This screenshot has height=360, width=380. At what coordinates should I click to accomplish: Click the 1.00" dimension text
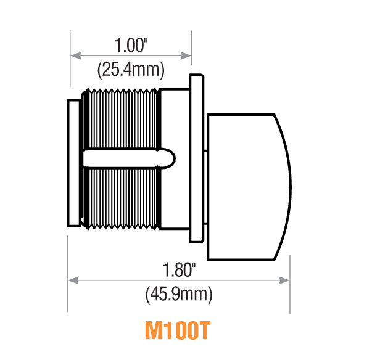point(131,46)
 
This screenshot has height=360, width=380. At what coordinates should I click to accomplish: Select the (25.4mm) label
point(131,70)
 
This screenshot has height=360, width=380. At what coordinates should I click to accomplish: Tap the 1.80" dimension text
point(179,269)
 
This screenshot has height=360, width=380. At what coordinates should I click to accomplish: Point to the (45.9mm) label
point(179,294)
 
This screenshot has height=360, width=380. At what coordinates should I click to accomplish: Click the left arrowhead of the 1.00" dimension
point(75,55)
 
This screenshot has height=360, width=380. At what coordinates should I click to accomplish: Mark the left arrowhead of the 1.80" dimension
point(71,280)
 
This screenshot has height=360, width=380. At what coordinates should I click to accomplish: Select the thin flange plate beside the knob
point(196,157)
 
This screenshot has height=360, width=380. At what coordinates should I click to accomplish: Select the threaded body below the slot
point(123,197)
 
